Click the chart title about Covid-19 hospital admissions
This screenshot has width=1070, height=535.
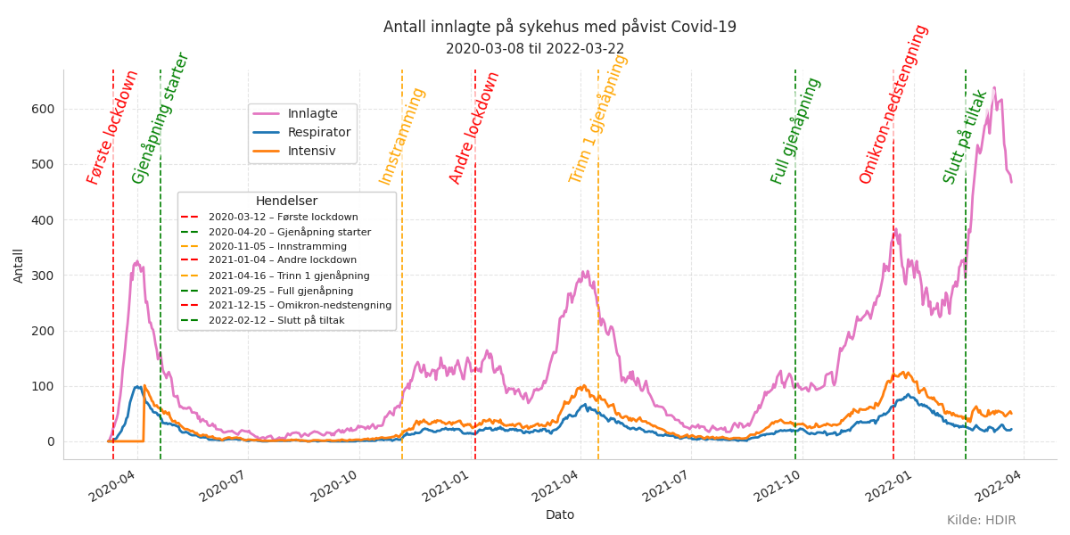point(559,27)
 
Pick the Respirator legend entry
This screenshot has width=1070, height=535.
point(318,132)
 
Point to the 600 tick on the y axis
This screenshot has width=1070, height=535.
point(43,109)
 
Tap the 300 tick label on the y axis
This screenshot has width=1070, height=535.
point(43,276)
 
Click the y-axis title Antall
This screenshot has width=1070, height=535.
point(20,265)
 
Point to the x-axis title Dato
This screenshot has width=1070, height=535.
point(559,514)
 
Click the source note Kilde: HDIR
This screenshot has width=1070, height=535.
point(981,520)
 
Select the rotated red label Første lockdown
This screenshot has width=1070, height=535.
point(113,127)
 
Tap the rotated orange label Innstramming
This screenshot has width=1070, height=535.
point(402,136)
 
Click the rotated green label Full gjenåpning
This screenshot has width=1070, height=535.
point(796,130)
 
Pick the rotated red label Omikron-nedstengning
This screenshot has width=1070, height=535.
point(893,103)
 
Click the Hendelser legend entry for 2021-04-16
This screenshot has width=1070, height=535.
point(289,276)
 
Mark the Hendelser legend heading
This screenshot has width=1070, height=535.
point(286,202)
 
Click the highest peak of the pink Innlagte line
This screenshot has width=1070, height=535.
point(994,88)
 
